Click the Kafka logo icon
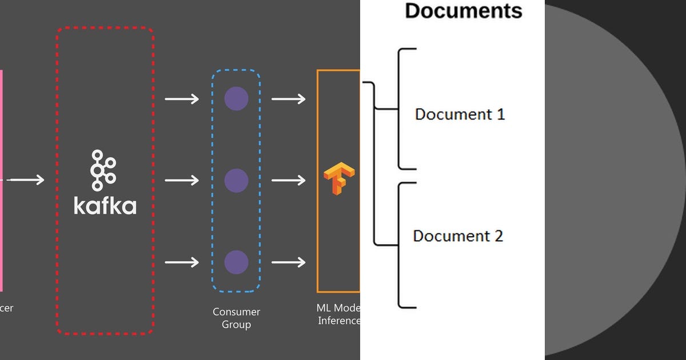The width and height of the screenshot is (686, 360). pyautogui.click(x=103, y=170)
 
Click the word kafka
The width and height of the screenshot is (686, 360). pyautogui.click(x=105, y=206)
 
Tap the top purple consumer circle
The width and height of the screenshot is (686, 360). pyautogui.click(x=236, y=99)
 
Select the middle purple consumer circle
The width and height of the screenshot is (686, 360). pyautogui.click(x=236, y=181)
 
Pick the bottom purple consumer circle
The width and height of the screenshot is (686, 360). pyautogui.click(x=236, y=262)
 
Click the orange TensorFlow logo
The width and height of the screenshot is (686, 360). pyautogui.click(x=339, y=179)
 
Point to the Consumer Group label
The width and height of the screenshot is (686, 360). pyautogui.click(x=236, y=318)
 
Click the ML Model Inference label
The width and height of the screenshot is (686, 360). pyautogui.click(x=338, y=314)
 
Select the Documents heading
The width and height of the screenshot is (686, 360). pyautogui.click(x=463, y=11)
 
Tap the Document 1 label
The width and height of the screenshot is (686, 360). pyautogui.click(x=460, y=114)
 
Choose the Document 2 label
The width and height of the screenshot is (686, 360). pyautogui.click(x=458, y=236)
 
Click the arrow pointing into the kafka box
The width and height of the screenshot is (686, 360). pyautogui.click(x=27, y=181)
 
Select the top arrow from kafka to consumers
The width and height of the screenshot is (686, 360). pyautogui.click(x=182, y=99)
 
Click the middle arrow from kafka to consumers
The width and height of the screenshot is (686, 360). pyautogui.click(x=182, y=181)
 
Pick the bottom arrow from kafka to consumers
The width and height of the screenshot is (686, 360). pyautogui.click(x=182, y=262)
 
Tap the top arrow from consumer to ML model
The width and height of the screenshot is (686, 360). pyautogui.click(x=288, y=99)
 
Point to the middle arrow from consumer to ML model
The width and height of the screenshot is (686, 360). pyautogui.click(x=288, y=181)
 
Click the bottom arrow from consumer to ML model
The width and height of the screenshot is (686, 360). pyautogui.click(x=288, y=262)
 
